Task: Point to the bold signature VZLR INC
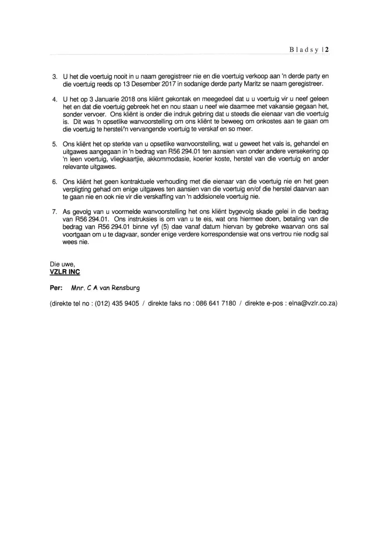[64, 272]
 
